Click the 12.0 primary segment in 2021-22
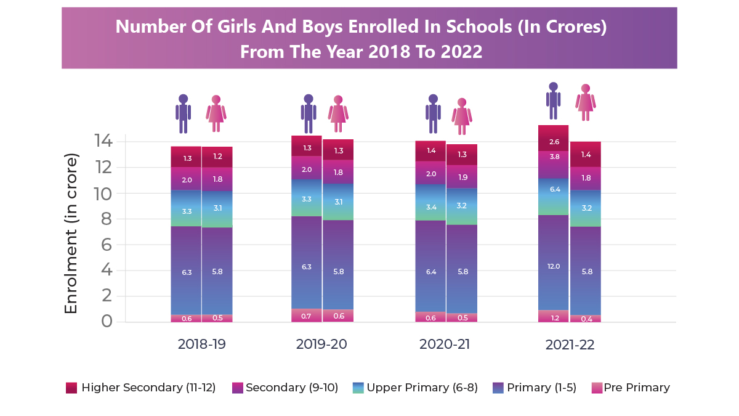553,266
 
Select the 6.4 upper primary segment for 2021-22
553,189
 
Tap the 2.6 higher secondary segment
553,142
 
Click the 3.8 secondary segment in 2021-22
553,157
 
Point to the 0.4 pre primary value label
585,319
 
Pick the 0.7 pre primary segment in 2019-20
307,316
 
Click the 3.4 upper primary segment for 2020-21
430,207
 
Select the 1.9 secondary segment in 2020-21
462,177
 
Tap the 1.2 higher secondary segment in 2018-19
217,157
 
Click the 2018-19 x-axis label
201,345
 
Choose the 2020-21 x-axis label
445,345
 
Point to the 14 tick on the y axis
103,142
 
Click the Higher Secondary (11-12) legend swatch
71,388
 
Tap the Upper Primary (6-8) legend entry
410,388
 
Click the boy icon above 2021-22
553,100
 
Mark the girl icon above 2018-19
216,113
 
